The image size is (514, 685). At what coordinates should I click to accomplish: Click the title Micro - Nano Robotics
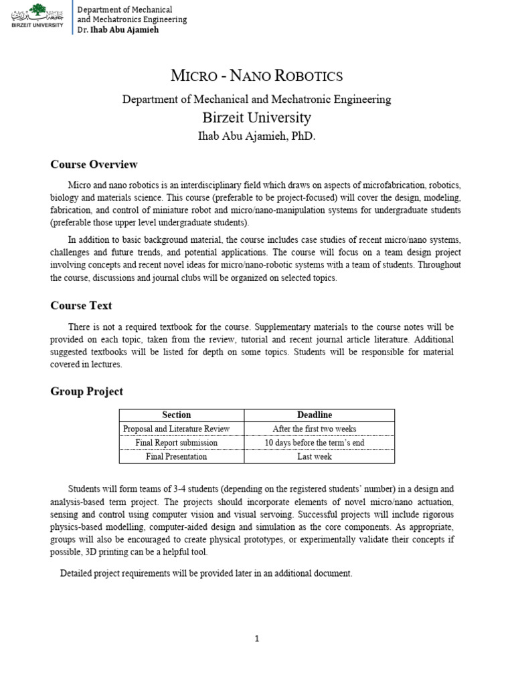(256, 76)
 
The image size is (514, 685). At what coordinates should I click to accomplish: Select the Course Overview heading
(94, 164)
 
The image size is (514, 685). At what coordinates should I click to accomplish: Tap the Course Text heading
(81, 306)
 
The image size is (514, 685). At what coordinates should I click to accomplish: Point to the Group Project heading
(87, 391)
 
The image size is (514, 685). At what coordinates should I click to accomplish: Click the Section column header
(177, 415)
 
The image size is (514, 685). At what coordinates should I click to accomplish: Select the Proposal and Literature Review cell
(177, 429)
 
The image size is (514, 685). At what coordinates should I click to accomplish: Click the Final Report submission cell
(177, 443)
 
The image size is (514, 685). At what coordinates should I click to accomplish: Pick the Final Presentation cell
(177, 457)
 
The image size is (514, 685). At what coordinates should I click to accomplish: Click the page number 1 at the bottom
(256, 639)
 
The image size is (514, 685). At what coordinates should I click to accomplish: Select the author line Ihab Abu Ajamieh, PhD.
(256, 136)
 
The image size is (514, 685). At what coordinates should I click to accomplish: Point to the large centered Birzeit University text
(256, 118)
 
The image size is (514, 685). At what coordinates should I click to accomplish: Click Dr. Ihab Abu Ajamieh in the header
(118, 30)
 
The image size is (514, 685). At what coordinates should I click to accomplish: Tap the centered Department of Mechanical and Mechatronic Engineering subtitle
(256, 99)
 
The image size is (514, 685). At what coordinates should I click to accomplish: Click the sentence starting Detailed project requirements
(206, 573)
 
